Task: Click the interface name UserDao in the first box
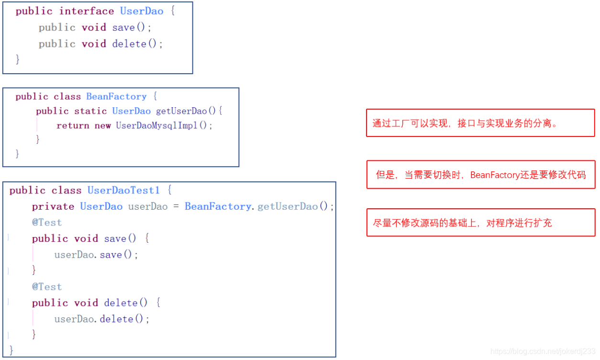pos(142,11)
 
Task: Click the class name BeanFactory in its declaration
pos(116,96)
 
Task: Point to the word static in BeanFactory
pos(90,111)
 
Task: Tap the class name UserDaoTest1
pos(123,190)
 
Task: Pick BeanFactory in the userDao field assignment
pos(218,206)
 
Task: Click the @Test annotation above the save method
pos(47,222)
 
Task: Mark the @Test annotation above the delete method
pos(47,286)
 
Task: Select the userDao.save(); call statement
pos(96,255)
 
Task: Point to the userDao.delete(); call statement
pos(102,319)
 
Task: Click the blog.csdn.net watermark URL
pos(543,352)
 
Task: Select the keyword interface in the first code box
pos(87,11)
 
